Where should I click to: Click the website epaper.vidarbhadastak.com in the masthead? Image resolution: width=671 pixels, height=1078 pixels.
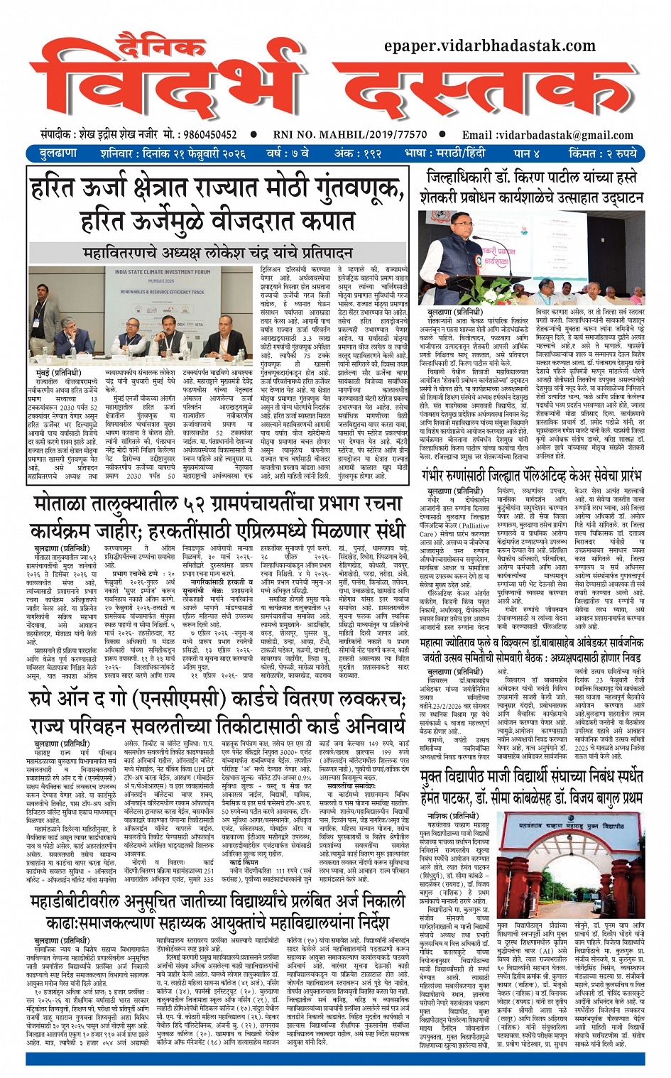click(489, 45)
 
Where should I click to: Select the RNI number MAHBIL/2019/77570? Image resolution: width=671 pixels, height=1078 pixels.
click(350, 134)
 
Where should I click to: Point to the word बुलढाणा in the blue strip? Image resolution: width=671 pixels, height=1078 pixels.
click(59, 153)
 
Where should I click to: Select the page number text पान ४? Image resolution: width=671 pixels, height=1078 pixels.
click(530, 153)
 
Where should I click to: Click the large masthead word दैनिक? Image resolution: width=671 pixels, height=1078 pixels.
click(160, 47)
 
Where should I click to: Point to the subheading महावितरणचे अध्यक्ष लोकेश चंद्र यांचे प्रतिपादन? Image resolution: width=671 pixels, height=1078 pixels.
click(217, 253)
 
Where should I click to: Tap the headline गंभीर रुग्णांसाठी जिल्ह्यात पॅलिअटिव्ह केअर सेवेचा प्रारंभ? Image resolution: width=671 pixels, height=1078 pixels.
click(531, 475)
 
